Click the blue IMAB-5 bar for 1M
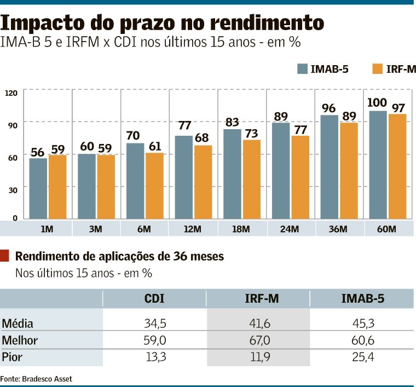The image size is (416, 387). (38, 189)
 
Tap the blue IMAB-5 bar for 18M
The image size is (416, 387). (232, 175)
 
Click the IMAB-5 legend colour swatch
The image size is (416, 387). (302, 68)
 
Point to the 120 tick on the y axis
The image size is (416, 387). (11, 93)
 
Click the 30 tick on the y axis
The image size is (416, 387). (11, 189)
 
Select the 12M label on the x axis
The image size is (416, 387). (193, 228)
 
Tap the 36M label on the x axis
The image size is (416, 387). (339, 228)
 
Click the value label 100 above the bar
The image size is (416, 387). (377, 103)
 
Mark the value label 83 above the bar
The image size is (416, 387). (233, 122)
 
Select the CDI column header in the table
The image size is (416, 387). (154, 298)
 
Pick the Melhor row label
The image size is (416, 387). (20, 341)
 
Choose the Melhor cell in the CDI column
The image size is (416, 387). (154, 341)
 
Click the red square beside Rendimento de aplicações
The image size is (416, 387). (5, 256)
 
